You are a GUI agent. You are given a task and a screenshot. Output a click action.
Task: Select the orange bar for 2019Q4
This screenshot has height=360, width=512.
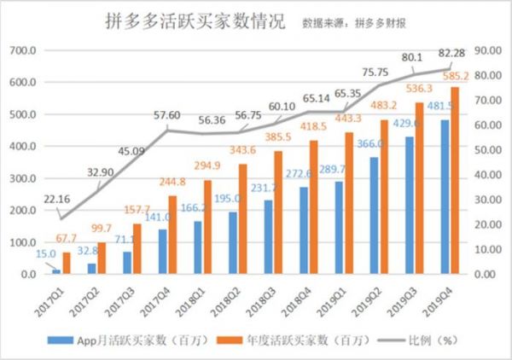[x=456, y=181]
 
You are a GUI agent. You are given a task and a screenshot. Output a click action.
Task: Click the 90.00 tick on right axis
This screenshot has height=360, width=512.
[x=486, y=50]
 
